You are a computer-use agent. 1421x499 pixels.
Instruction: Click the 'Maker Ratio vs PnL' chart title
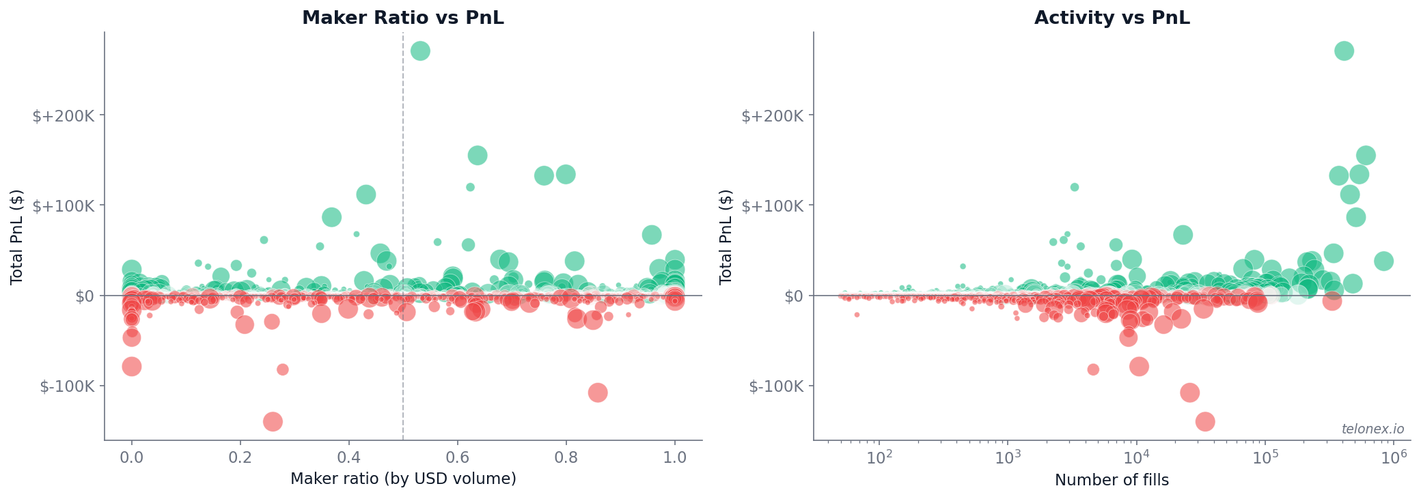pyautogui.click(x=403, y=18)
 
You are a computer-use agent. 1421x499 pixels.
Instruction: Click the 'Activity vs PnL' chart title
pyautogui.click(x=1112, y=18)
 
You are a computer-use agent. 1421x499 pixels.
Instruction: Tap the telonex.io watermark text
pyautogui.click(x=1372, y=429)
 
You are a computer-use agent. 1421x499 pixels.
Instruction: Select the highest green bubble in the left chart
pyautogui.click(x=420, y=51)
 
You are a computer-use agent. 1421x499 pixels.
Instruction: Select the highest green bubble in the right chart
pyautogui.click(x=1344, y=51)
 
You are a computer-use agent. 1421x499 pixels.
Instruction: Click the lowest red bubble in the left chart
pyautogui.click(x=273, y=421)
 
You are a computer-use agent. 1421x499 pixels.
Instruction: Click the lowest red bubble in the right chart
pyautogui.click(x=1205, y=421)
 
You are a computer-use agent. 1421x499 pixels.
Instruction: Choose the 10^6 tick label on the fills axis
pyautogui.click(x=1394, y=456)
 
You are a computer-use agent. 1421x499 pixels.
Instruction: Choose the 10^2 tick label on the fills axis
pyautogui.click(x=879, y=456)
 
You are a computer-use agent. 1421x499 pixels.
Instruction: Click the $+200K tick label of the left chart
pyautogui.click(x=64, y=115)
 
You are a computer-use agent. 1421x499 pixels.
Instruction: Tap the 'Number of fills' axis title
pyautogui.click(x=1112, y=480)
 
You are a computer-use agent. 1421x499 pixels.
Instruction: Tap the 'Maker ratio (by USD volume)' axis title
pyautogui.click(x=403, y=479)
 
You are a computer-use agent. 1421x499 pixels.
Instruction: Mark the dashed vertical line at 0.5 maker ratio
pyautogui.click(x=403, y=171)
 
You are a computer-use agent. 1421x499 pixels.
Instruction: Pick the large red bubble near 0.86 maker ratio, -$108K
pyautogui.click(x=598, y=393)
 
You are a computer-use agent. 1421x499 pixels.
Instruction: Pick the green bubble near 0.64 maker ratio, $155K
pyautogui.click(x=478, y=156)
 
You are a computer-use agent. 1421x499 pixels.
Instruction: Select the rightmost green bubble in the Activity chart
pyautogui.click(x=1383, y=261)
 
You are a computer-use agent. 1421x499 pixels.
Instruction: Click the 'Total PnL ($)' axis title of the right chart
pyautogui.click(x=726, y=236)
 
